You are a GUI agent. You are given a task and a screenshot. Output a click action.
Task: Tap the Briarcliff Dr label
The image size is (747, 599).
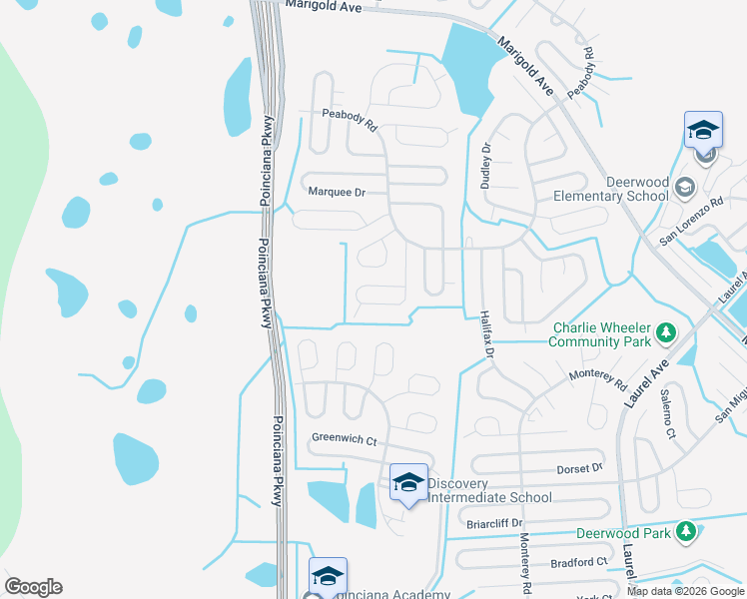pyautogui.click(x=494, y=522)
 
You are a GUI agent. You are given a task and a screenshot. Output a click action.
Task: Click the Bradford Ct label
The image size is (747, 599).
pyautogui.click(x=579, y=562)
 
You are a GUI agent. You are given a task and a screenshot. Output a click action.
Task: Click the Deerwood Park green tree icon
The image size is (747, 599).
pyautogui.click(x=685, y=532)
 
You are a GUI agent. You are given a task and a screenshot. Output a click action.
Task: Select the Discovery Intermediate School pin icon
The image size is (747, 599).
pyautogui.click(x=407, y=483)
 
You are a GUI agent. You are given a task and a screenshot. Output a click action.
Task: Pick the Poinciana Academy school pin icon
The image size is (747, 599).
pyautogui.click(x=328, y=576)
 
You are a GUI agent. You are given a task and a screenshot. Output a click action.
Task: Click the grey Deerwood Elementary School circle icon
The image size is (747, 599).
pyautogui.click(x=685, y=187)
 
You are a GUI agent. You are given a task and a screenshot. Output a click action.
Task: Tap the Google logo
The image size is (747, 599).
pyautogui.click(x=33, y=587)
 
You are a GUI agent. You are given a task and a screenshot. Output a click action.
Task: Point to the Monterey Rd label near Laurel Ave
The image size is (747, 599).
pyautogui.click(x=597, y=379)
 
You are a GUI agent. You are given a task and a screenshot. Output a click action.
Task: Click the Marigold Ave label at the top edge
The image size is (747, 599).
pyautogui.click(x=321, y=5)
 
